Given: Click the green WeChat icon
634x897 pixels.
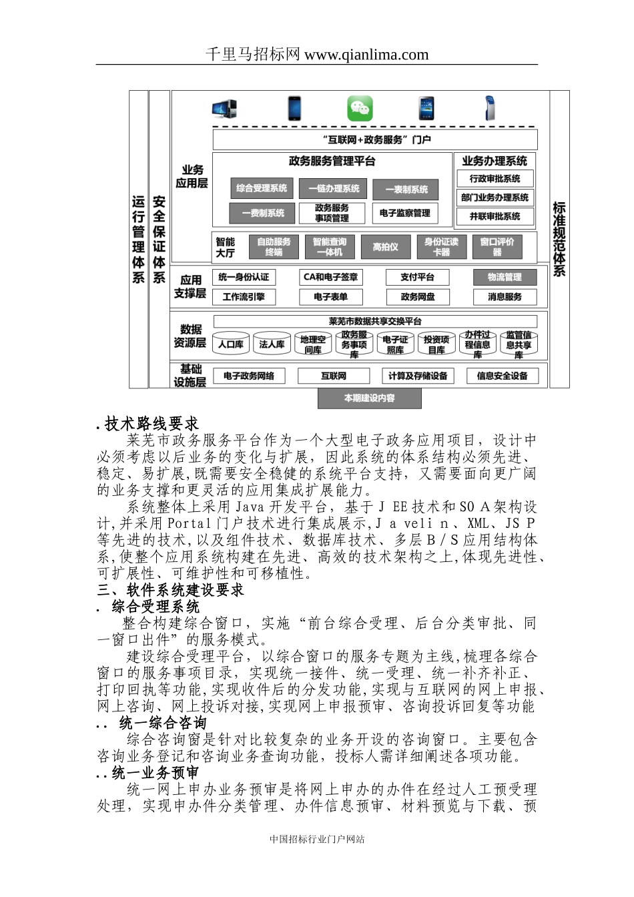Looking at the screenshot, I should [359, 108].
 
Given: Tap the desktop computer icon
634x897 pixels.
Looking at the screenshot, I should [224, 108].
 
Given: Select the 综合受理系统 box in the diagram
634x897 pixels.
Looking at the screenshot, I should [262, 188].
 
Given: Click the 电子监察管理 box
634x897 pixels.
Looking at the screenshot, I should [404, 213].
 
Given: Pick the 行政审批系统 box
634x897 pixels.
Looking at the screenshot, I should [495, 179].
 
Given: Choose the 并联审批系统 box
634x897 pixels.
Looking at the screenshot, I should [495, 216].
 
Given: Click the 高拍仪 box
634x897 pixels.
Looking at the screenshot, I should [385, 247].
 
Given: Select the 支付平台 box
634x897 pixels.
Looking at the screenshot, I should [417, 277].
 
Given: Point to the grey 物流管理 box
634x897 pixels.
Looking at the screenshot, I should [505, 277].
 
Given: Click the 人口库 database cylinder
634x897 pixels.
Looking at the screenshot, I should [231, 344].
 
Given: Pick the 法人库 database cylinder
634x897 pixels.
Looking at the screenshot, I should [272, 344].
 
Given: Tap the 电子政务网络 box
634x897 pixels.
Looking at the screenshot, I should [248, 376].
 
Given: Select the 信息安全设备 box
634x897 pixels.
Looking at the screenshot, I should [502, 376].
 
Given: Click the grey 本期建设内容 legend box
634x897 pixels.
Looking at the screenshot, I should [369, 398].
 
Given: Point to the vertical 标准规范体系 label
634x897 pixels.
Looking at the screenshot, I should [559, 239].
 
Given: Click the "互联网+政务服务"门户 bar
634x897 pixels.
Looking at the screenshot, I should [375, 139].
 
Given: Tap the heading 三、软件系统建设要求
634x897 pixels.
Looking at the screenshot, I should [170, 590].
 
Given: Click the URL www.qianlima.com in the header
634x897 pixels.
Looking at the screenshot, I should [366, 55].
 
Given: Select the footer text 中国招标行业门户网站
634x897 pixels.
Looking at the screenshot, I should [317, 840].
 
